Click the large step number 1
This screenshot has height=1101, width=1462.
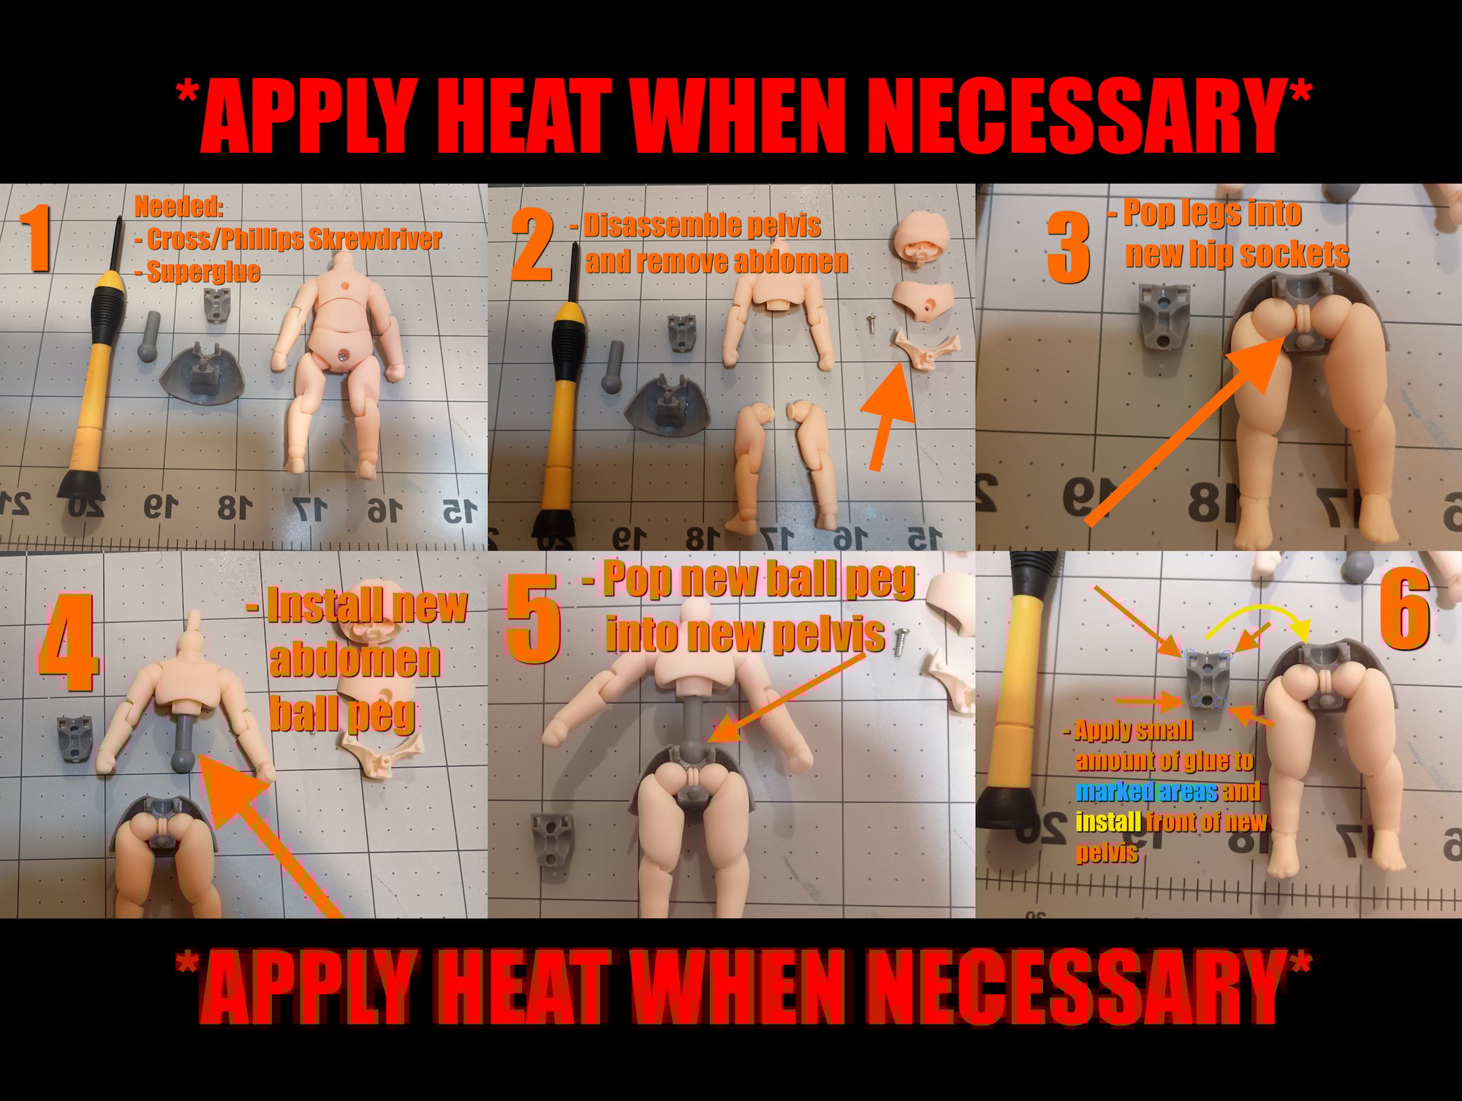point(35,238)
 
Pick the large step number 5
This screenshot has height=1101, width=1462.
point(534,618)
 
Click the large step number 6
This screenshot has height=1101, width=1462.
point(1404,609)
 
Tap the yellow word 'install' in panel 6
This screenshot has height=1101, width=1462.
point(1108,822)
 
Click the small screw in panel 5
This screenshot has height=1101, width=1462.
point(900,641)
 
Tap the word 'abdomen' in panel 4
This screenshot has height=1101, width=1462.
point(355,659)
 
